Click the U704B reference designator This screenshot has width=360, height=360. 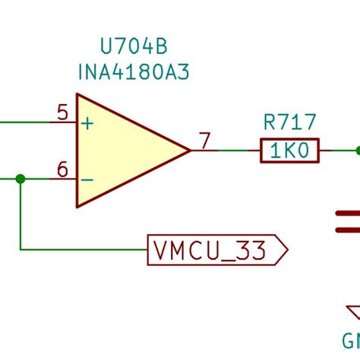click(134, 48)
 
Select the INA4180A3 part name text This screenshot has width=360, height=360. click(134, 72)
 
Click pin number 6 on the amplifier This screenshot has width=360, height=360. click(62, 169)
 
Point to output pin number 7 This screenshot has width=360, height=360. click(204, 141)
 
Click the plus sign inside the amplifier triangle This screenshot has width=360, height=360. click(88, 123)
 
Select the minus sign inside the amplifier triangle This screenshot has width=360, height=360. click(88, 179)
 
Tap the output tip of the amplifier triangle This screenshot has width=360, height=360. click(188, 150)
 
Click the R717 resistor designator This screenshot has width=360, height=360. click(289, 122)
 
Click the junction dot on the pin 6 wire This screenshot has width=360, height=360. click(21, 178)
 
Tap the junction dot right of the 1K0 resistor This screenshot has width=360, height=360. click(357, 150)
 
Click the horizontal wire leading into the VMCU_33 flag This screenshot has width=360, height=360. click(84, 248)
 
